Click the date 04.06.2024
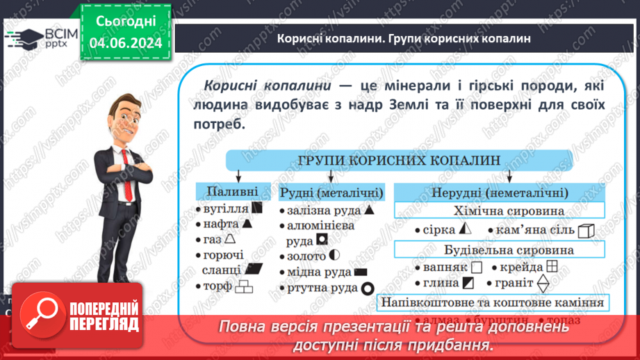click(x=126, y=42)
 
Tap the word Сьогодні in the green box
click(x=126, y=22)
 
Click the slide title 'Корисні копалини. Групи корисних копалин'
click(x=404, y=39)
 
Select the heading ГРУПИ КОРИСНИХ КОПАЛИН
click(x=400, y=160)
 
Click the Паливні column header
click(x=227, y=191)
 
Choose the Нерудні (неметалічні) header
click(x=499, y=193)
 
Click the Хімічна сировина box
click(x=499, y=211)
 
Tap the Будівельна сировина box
click(x=499, y=249)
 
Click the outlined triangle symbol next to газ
click(x=230, y=239)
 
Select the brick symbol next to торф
click(x=244, y=286)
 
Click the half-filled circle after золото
click(x=335, y=256)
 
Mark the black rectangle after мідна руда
click(x=361, y=272)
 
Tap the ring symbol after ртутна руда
click(x=367, y=288)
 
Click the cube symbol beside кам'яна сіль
click(x=586, y=230)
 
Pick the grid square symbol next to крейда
click(x=552, y=266)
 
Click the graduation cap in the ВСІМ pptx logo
click(x=21, y=36)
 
